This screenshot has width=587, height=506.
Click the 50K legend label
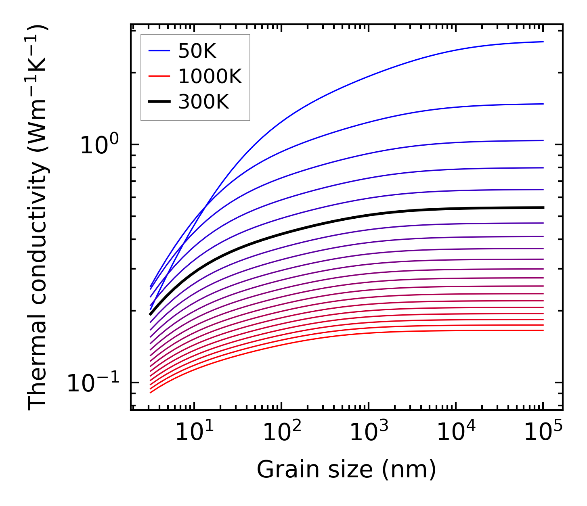tap(197, 51)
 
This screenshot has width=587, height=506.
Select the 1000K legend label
tap(210, 76)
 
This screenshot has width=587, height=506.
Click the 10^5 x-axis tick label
tap(543, 433)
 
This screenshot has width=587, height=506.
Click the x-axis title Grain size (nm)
tap(346, 470)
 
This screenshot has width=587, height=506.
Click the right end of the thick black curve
tap(543, 207)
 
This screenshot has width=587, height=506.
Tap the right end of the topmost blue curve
tap(543, 42)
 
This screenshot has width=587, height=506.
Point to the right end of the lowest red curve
tap(543, 330)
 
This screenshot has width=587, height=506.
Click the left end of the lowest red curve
tap(150, 393)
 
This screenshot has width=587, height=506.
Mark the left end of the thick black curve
tap(150, 314)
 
